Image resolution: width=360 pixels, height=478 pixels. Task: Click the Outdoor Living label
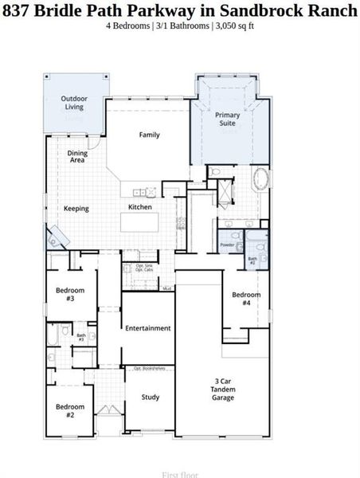tap(74, 102)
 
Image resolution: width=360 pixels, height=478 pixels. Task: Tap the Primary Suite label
tap(228, 119)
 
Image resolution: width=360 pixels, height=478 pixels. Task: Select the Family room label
tap(150, 135)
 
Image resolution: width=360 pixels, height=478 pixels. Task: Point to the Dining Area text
tap(77, 156)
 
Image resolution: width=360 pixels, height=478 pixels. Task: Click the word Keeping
tap(76, 209)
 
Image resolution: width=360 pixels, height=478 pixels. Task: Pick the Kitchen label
tap(140, 207)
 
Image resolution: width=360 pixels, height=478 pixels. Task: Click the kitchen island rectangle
tap(147, 222)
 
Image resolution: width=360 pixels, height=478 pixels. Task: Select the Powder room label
tap(227, 245)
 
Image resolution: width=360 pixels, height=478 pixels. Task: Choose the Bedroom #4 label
tap(246, 299)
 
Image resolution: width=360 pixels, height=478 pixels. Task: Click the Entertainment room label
tap(148, 328)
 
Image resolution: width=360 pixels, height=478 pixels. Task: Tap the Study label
tap(150, 397)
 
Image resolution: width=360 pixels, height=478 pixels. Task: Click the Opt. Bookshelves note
tap(148, 368)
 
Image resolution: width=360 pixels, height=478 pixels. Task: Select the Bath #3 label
tap(81, 337)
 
